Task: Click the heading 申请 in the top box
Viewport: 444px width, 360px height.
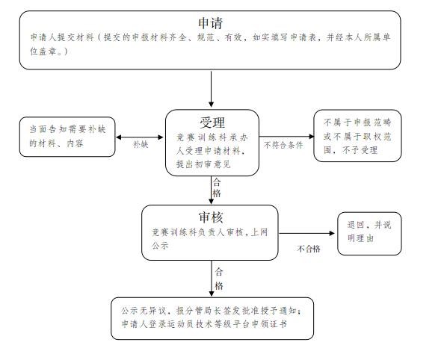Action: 210,23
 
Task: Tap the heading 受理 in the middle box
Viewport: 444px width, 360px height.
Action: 212,122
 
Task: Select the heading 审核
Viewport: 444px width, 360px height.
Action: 211,217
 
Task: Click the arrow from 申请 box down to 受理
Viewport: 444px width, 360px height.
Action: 211,89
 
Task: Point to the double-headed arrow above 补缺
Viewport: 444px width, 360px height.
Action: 140,137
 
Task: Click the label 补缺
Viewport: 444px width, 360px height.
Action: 141,145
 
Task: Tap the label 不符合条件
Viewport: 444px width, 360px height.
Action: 283,145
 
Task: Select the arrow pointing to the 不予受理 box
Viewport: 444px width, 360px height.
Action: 286,137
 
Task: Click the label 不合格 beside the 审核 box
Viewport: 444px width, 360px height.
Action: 309,249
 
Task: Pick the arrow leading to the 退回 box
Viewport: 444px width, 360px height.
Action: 306,233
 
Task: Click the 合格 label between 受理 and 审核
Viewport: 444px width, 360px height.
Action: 217,187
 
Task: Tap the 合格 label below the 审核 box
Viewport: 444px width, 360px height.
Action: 219,279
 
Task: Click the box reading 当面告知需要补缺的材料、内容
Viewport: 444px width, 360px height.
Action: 67,137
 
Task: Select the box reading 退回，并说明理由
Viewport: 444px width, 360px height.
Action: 369,234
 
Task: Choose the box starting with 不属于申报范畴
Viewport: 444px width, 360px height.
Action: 357,136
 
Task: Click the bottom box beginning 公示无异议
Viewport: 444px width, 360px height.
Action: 212,318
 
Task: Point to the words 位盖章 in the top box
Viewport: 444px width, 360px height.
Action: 43,52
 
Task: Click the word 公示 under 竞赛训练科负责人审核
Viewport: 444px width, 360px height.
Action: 160,245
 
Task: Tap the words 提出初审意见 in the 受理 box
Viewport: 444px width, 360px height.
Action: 203,164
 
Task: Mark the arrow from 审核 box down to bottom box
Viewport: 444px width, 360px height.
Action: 212,278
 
